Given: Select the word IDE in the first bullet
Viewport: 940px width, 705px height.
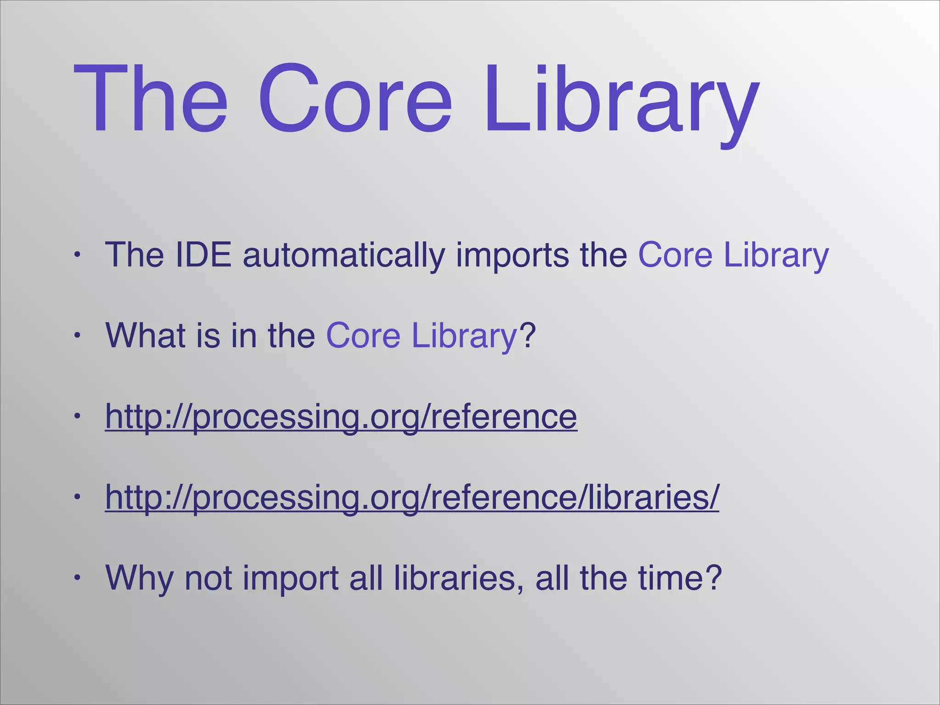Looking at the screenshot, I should [203, 255].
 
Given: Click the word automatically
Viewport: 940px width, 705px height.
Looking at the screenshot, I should [344, 255].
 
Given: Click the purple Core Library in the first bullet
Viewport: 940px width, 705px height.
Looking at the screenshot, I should [733, 255].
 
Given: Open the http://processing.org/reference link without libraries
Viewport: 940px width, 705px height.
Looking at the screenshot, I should [341, 417].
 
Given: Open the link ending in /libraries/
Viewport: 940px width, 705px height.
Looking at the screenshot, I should [412, 498].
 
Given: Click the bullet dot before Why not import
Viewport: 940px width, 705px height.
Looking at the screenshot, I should [78, 578].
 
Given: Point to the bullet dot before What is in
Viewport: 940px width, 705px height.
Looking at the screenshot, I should [78, 336].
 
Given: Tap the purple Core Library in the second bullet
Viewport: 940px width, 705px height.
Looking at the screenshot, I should [421, 336].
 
